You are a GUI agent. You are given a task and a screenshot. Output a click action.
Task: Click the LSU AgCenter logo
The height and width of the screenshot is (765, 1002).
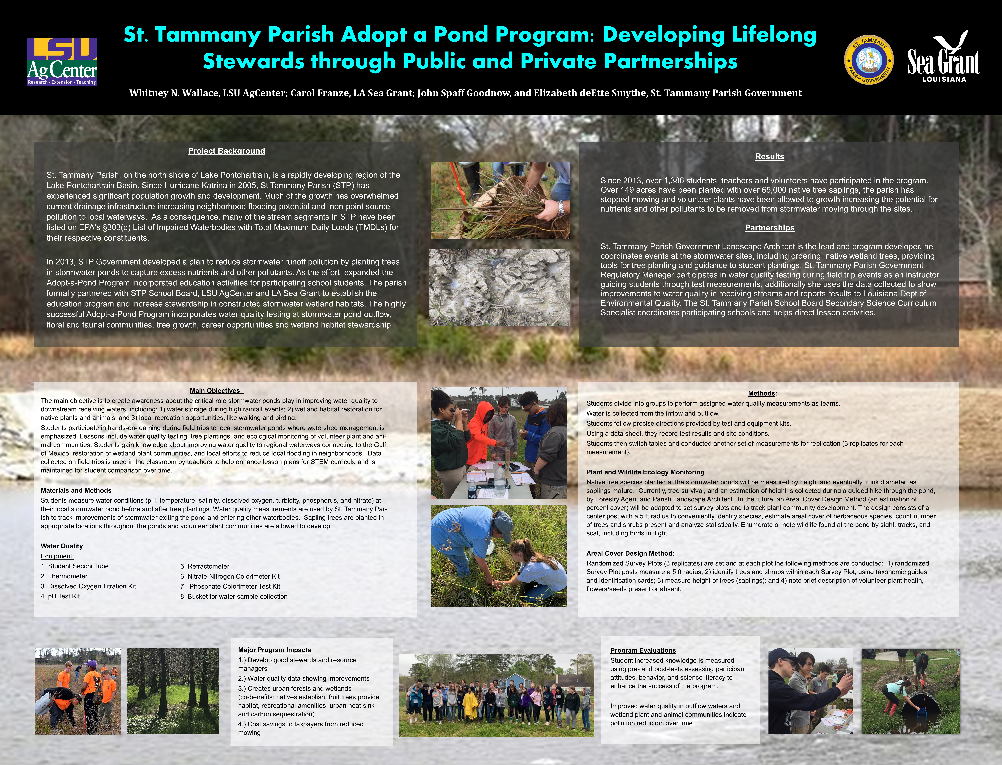click(62, 62)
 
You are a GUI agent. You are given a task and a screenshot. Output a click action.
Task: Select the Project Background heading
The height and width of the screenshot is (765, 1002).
click(226, 151)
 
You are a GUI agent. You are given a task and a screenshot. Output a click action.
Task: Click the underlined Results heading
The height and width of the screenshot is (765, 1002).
click(769, 157)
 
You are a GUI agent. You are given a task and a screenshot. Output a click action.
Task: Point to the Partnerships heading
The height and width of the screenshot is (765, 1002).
click(769, 228)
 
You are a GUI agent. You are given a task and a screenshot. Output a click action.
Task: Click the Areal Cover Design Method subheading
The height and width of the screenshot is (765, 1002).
click(630, 553)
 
